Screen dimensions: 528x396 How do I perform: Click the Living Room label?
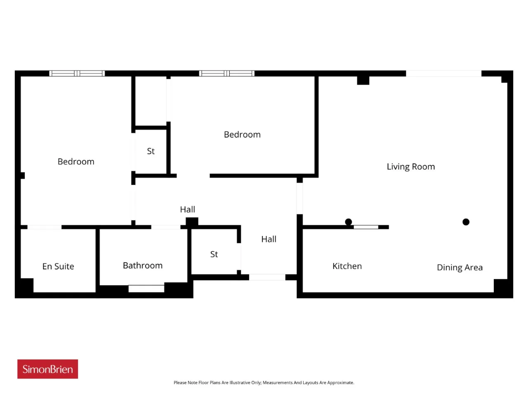point(410,167)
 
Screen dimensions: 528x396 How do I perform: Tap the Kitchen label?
point(347,266)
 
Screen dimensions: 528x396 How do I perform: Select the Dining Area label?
point(460,268)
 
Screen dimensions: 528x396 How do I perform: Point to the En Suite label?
point(58,266)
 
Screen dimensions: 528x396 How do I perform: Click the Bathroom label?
point(143,266)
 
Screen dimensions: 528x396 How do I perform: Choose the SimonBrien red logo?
point(47,369)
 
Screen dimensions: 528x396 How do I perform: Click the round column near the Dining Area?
point(466,222)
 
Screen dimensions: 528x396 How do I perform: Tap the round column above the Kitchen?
point(348,222)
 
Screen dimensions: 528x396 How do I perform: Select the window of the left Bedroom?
point(77,73)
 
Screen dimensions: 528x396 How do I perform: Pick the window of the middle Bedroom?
point(226,73)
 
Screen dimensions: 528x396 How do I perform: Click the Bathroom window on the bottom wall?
point(146,288)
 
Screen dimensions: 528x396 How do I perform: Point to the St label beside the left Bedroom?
point(151,151)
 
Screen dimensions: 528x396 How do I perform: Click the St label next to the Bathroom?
point(214,255)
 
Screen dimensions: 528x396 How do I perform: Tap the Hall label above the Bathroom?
point(187,210)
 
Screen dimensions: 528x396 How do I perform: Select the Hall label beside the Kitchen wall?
point(269,239)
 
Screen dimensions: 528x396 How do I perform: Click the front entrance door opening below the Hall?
point(267,277)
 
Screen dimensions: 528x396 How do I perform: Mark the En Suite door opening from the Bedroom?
point(45,227)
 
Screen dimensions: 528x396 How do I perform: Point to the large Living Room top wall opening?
point(443,73)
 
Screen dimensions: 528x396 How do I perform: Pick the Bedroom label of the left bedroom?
point(76,162)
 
